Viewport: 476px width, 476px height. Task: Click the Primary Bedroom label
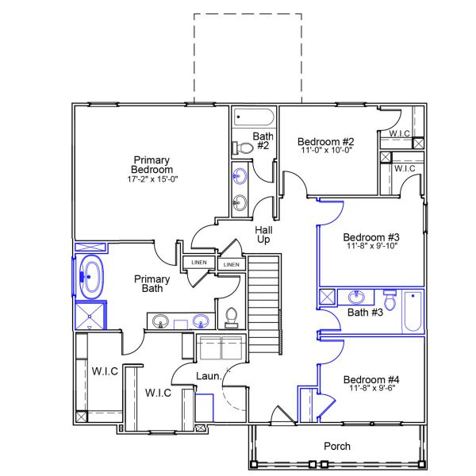[152, 165]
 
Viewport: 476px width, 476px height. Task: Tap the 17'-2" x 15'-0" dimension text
[152, 178]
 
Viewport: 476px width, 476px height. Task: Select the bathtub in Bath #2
[254, 118]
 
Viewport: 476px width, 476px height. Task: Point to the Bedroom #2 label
[320, 141]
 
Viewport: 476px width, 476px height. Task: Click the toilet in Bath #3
[390, 301]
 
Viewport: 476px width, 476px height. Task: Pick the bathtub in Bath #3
[413, 312]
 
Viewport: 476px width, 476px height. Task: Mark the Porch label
[337, 446]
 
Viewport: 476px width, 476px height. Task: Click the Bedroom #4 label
[371, 380]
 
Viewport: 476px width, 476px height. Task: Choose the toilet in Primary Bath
[232, 317]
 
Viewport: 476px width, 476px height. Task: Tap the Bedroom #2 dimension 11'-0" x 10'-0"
[325, 150]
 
